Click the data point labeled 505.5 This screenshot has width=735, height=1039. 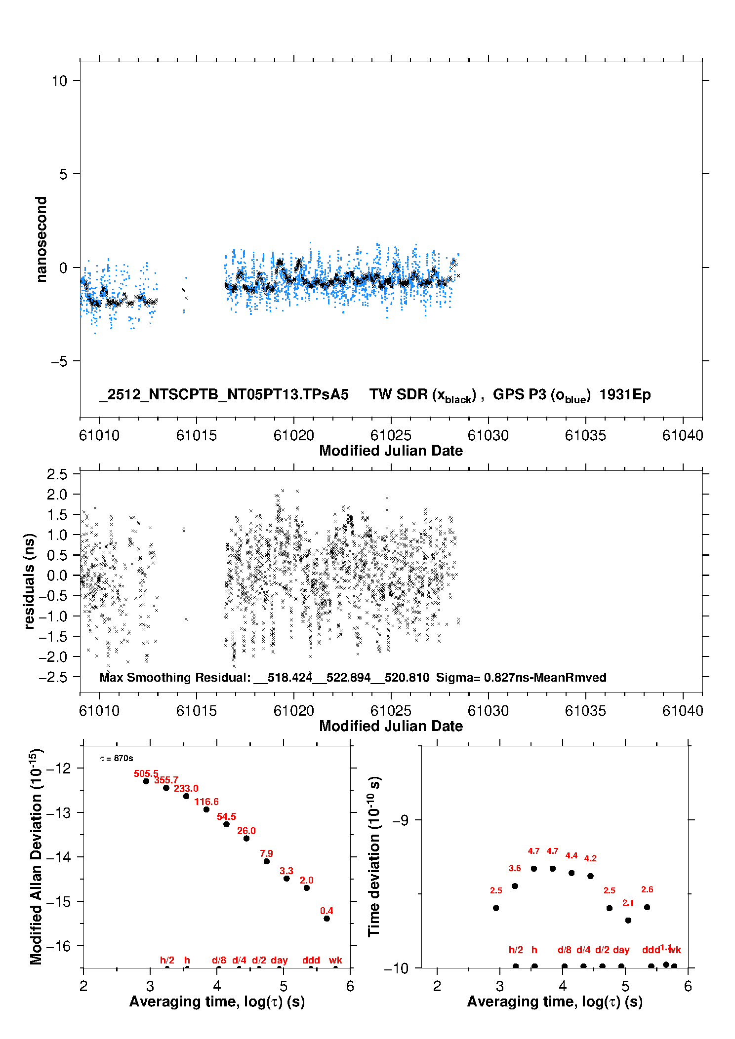click(x=146, y=781)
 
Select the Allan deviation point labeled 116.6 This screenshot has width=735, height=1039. click(x=206, y=809)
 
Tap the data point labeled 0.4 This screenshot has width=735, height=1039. click(x=327, y=919)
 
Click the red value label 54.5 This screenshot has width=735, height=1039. click(x=226, y=817)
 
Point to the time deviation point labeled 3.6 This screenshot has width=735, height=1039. click(x=515, y=886)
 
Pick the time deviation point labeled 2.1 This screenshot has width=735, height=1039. click(x=628, y=921)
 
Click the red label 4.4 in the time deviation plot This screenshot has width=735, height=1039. click(x=572, y=856)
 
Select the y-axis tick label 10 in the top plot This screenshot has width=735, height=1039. click(x=59, y=81)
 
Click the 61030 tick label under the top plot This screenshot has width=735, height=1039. click(x=488, y=436)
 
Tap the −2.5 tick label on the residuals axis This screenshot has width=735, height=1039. click(x=56, y=677)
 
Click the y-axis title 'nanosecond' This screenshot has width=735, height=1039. click(x=41, y=239)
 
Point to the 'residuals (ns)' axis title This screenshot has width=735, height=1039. click(x=30, y=581)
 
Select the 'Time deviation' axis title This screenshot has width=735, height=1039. click(x=374, y=857)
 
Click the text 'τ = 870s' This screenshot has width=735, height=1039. click(x=117, y=758)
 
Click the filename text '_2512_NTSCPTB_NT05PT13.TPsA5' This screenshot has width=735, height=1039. click(x=224, y=395)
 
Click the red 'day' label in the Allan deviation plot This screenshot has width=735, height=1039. click(x=279, y=961)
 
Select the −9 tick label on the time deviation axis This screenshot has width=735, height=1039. click(x=400, y=820)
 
